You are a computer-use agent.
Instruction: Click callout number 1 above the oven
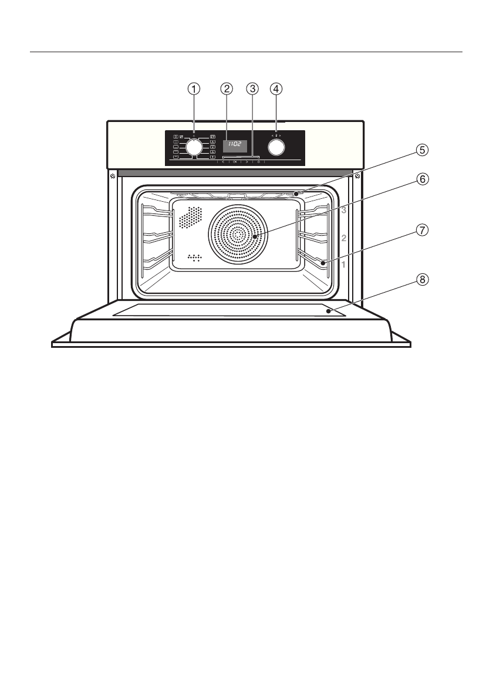pos(193,89)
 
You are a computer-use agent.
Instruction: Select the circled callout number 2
pos(227,89)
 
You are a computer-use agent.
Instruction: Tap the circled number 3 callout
pos(252,89)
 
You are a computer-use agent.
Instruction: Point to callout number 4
pos(276,89)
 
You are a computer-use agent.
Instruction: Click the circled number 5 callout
pos(422,150)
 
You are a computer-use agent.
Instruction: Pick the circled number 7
pos(422,231)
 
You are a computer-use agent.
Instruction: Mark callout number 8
pos(422,280)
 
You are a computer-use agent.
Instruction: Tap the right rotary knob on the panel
pos(276,147)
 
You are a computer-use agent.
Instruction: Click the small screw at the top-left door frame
pos(112,175)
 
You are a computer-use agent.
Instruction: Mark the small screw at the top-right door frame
pos(357,175)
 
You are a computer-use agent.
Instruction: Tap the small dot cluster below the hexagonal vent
pos(194,257)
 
